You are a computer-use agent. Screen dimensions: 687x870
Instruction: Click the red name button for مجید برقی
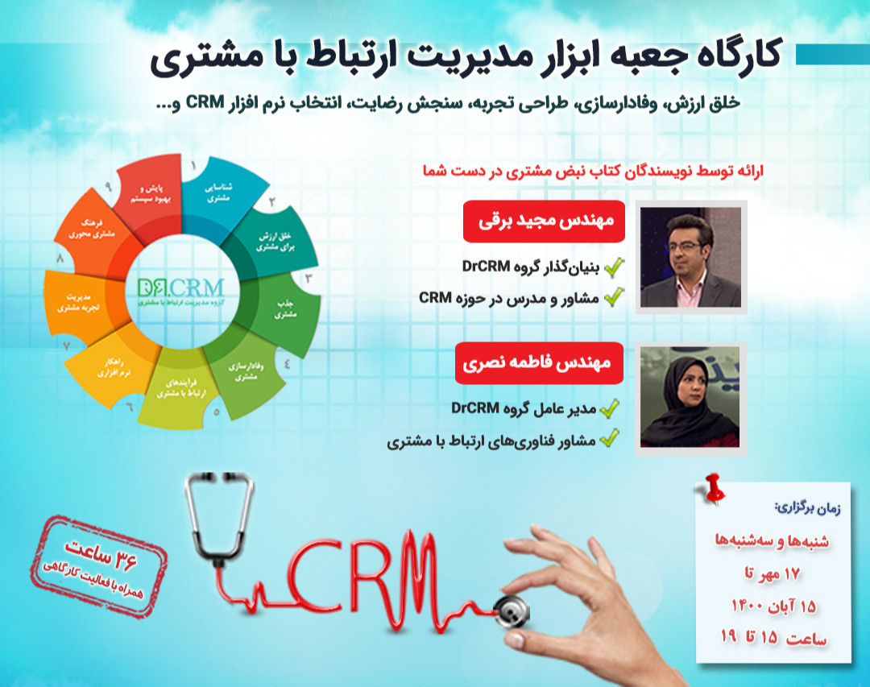click(x=544, y=221)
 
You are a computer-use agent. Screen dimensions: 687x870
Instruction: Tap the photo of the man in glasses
click(x=690, y=258)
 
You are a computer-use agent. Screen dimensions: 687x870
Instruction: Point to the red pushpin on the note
click(x=714, y=488)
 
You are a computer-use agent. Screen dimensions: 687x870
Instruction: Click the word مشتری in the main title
click(x=191, y=59)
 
